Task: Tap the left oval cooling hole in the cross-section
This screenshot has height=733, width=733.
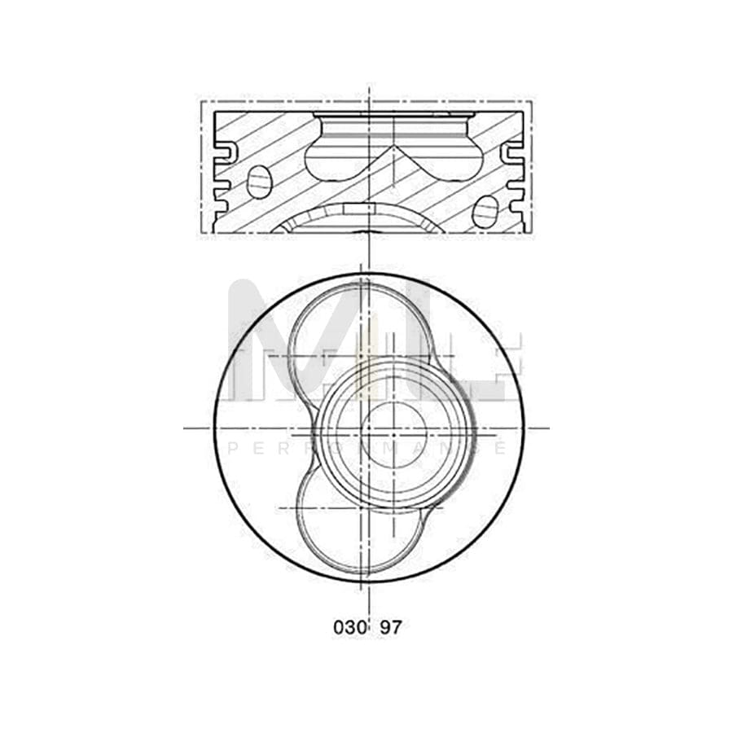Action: (x=259, y=182)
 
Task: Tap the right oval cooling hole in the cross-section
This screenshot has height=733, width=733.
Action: (x=484, y=212)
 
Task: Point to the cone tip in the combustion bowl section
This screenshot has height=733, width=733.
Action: (x=394, y=149)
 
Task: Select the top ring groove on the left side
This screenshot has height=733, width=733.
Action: (x=226, y=151)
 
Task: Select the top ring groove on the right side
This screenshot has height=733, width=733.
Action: (x=512, y=151)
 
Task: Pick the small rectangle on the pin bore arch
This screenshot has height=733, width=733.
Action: (x=358, y=209)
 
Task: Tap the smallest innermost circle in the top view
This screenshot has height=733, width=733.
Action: (x=394, y=434)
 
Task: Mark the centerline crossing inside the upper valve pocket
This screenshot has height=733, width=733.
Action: (x=326, y=356)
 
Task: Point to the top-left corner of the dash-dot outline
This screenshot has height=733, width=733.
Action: (x=201, y=101)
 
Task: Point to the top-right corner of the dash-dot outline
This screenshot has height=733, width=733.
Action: (x=532, y=101)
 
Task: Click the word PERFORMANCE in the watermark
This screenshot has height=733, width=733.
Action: (x=366, y=448)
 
